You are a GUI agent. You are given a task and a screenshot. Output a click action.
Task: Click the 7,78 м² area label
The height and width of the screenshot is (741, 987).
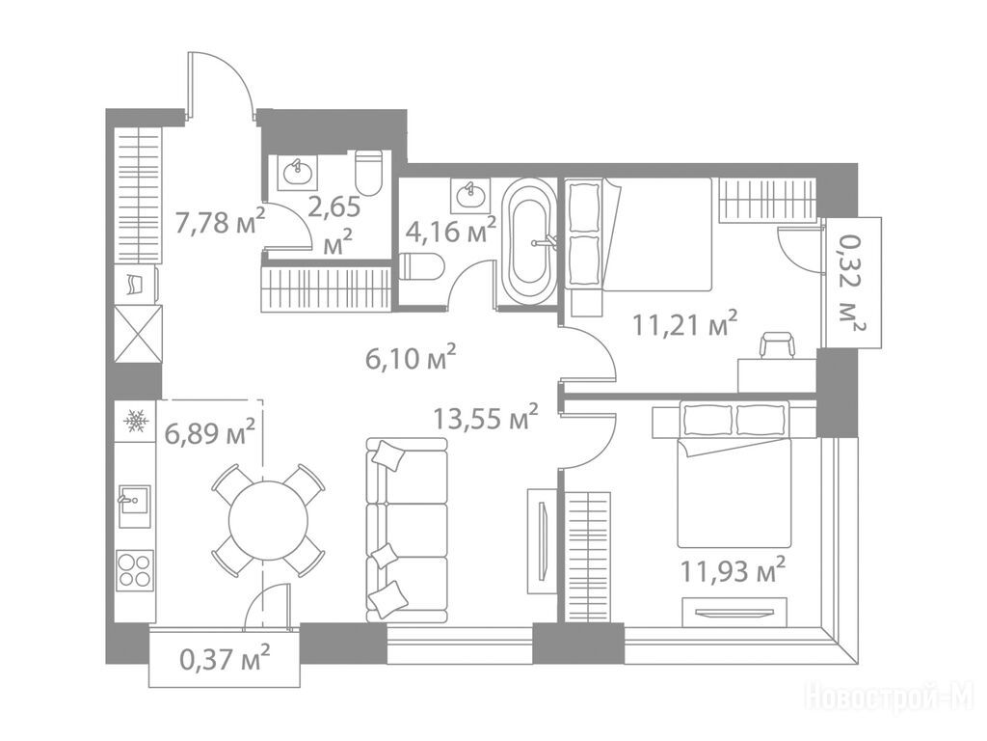[x=221, y=221]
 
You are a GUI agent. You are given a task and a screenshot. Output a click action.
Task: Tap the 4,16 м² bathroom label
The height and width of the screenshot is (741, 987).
[x=451, y=230]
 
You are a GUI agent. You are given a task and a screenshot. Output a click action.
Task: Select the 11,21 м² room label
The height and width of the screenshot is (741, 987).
[x=685, y=324]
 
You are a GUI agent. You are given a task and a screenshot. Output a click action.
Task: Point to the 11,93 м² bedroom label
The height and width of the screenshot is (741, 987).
[x=733, y=570]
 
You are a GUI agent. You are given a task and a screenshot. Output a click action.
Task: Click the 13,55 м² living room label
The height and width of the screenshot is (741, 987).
[x=486, y=417]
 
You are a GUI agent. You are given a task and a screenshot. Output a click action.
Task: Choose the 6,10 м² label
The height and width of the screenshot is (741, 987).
[x=411, y=359]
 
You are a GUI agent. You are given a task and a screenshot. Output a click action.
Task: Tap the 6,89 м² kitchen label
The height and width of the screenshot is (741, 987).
[x=209, y=433]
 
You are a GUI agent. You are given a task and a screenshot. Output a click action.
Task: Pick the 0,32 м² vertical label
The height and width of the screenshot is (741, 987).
[x=853, y=282]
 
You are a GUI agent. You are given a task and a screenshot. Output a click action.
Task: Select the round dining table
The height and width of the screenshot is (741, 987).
[x=268, y=521]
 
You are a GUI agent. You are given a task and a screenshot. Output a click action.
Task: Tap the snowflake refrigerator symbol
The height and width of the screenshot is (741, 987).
[x=135, y=421]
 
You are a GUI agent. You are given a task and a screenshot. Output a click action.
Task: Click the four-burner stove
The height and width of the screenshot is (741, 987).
[x=135, y=569]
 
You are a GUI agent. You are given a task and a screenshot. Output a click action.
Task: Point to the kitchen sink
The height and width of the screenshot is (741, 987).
[x=134, y=507]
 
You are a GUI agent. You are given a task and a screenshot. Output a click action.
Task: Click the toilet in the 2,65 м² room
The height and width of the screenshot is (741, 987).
[x=369, y=174]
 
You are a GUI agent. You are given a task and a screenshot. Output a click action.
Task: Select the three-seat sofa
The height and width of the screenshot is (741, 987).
[x=407, y=530]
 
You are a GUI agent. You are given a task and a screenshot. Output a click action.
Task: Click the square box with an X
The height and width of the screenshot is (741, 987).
[x=139, y=333]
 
